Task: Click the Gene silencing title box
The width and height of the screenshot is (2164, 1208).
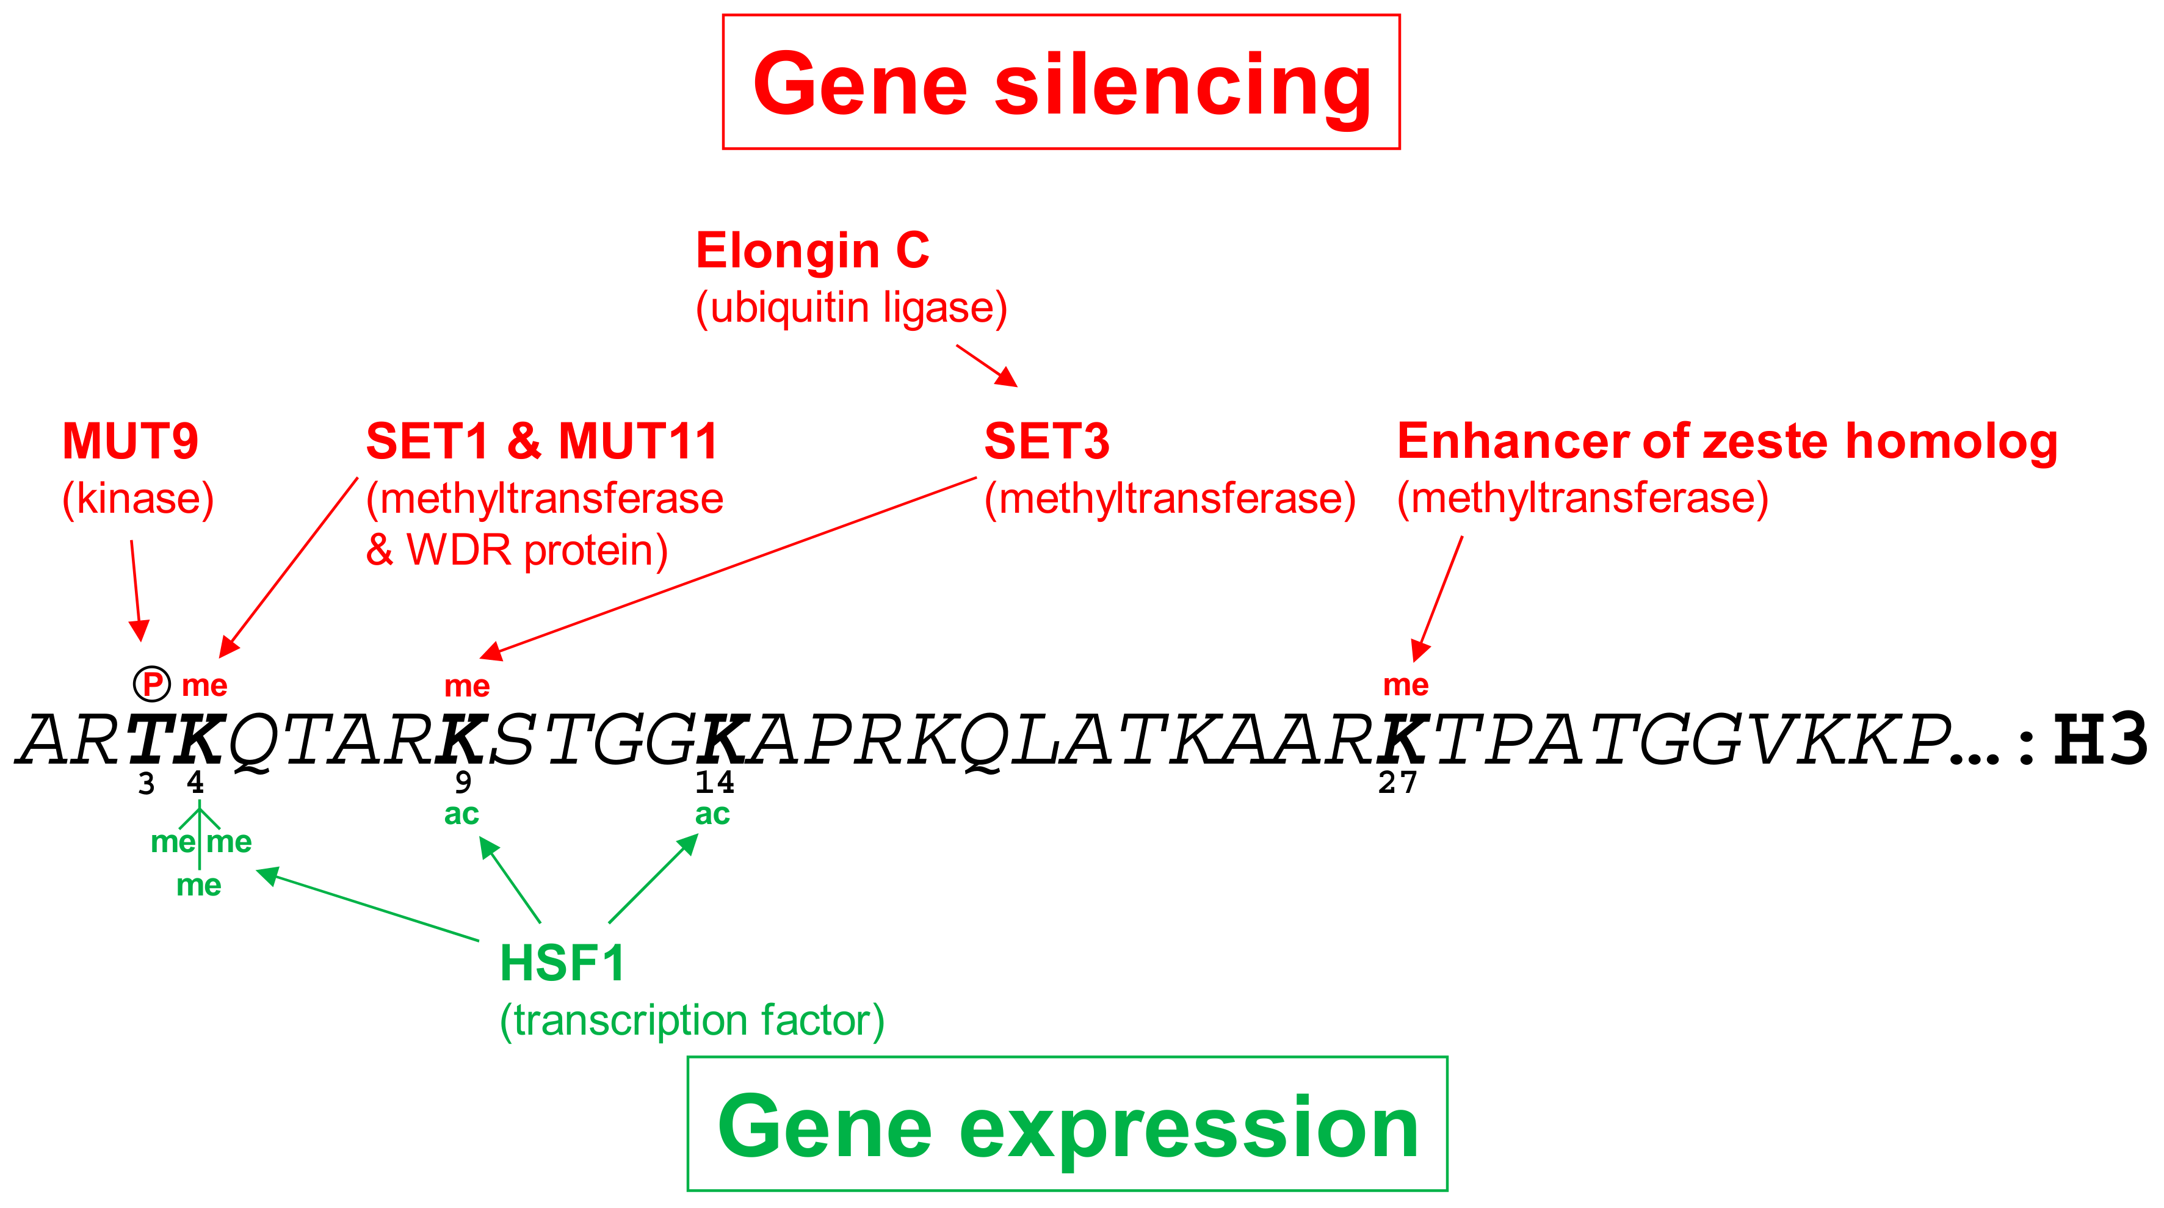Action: coord(1061,82)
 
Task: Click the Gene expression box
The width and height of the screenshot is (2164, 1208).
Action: coord(1067,1124)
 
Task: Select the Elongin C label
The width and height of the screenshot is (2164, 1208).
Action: coord(812,250)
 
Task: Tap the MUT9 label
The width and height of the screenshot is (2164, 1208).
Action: coord(130,441)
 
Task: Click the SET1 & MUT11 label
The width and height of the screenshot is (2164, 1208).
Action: coord(542,441)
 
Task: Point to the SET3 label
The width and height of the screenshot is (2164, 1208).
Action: coord(1047,441)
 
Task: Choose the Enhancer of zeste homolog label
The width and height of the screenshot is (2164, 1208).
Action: coord(1726,441)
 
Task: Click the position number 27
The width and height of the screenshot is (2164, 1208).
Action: coord(1397,783)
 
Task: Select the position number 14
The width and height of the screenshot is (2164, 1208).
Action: coord(714,783)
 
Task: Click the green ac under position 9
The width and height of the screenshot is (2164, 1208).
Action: coord(461,814)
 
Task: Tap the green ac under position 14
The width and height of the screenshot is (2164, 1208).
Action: coord(712,814)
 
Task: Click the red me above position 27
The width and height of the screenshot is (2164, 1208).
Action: coord(1405,685)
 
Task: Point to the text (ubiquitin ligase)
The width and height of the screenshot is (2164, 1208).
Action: coord(851,308)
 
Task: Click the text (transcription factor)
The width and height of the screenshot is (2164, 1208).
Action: coord(692,1021)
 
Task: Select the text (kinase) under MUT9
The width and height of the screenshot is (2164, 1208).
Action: coord(138,499)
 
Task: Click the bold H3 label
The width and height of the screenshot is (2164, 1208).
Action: coord(2099,739)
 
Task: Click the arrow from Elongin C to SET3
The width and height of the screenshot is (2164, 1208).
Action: coord(986,366)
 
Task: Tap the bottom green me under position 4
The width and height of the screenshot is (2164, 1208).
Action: coord(199,886)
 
